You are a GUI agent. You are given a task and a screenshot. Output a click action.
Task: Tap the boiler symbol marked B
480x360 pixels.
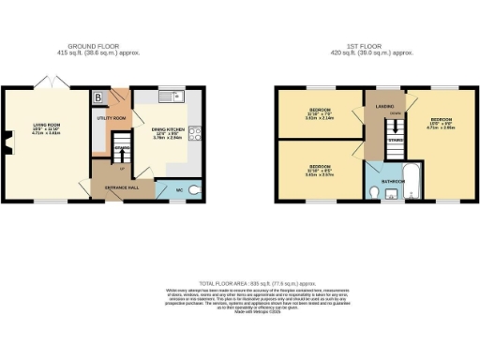(98, 97)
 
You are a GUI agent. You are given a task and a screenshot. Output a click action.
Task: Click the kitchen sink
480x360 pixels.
(169, 96)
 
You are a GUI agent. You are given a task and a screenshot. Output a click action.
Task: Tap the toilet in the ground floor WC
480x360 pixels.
(193, 190)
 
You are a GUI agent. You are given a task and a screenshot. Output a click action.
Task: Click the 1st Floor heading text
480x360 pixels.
(368, 45)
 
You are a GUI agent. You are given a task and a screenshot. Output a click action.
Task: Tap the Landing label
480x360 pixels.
(384, 106)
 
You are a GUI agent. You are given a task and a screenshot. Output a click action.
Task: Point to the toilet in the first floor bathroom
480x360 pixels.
(375, 193)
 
